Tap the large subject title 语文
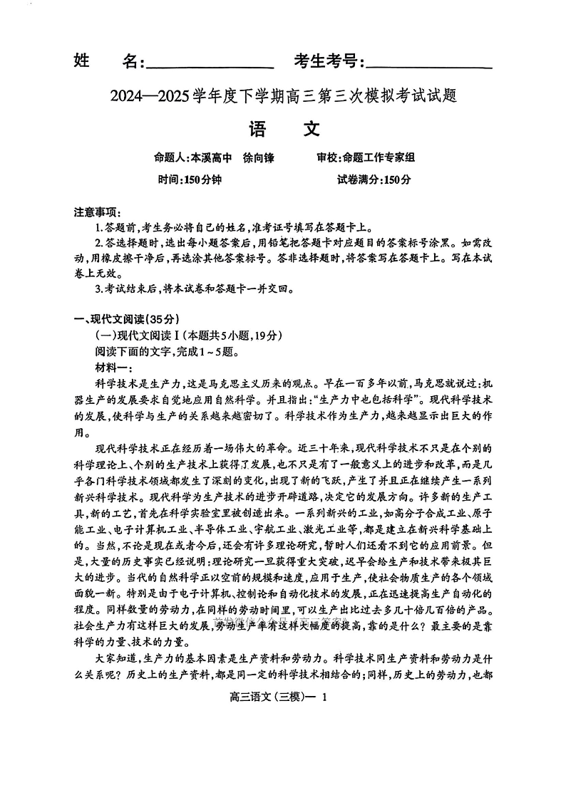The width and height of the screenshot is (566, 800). (x=283, y=128)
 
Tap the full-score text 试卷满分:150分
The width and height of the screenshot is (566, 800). (x=374, y=180)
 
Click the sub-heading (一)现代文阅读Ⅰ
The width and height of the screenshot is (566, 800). (x=143, y=335)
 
